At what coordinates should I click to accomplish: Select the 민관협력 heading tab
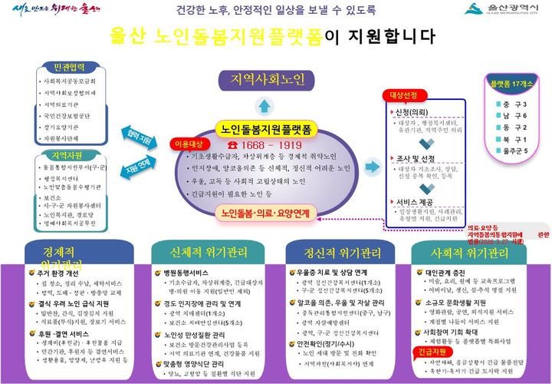pyautogui.click(x=66, y=65)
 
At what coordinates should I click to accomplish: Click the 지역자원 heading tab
pyautogui.click(x=66, y=155)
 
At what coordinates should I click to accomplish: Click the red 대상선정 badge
pyautogui.click(x=403, y=96)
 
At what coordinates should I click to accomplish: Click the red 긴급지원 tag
pyautogui.click(x=432, y=352)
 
